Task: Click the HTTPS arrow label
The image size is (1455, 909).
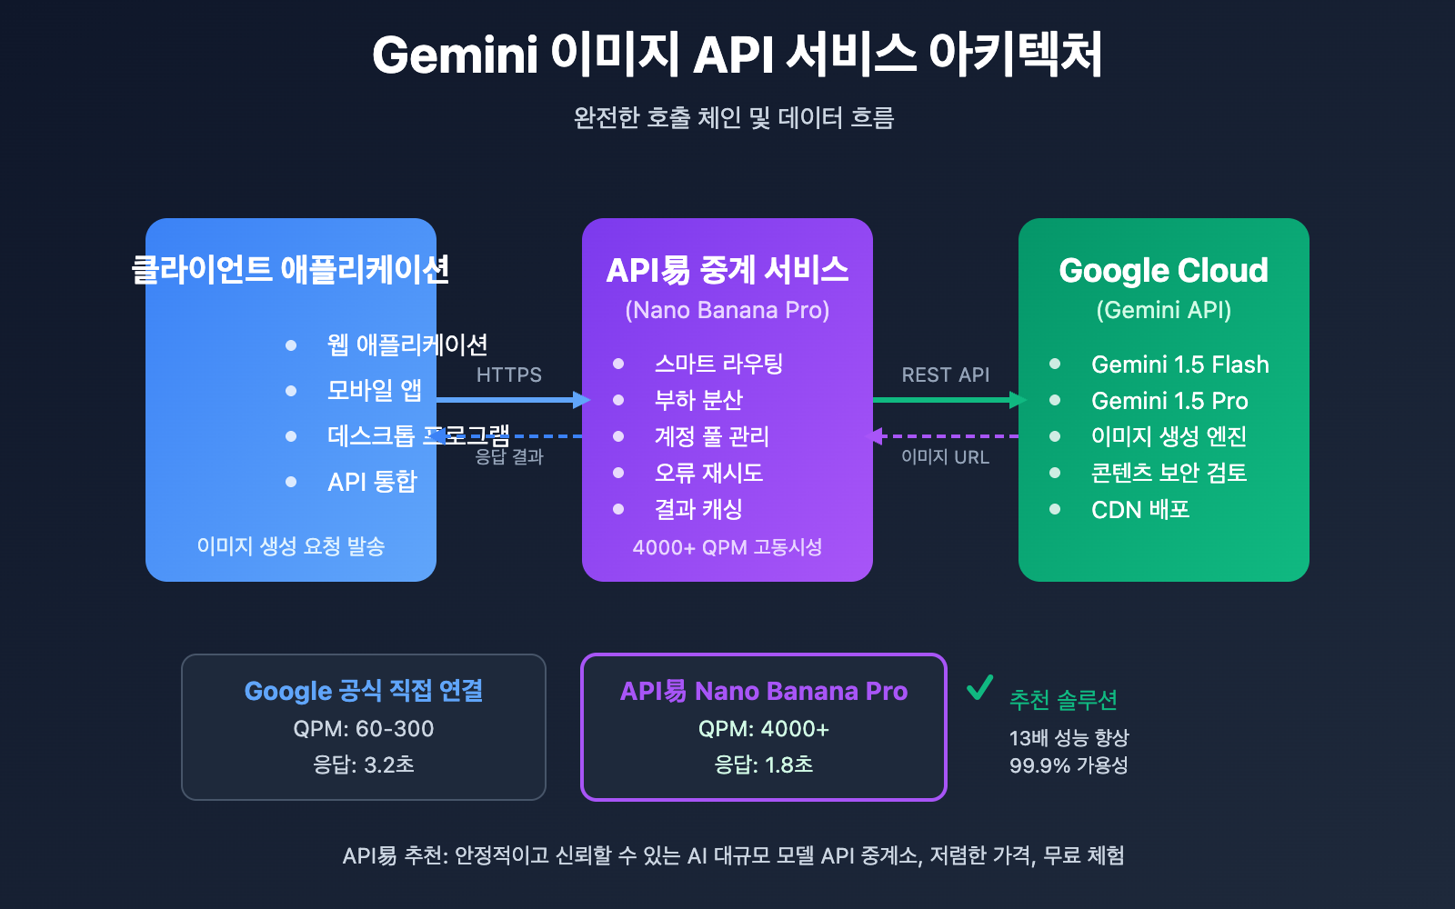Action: [508, 375]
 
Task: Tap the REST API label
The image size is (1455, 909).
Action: [945, 375]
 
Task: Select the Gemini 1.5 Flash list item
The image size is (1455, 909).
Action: [1179, 365]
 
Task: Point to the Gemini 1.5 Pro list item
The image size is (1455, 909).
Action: [1169, 401]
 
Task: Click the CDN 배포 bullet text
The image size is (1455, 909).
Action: [1140, 510]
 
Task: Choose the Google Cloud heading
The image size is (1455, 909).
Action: [1163, 270]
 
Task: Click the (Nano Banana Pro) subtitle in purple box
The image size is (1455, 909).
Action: [727, 310]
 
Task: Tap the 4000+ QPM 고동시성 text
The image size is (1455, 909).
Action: [727, 547]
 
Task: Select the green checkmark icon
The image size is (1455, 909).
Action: [979, 688]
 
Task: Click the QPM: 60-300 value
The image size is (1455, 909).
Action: [363, 729]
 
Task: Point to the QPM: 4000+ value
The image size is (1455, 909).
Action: [763, 729]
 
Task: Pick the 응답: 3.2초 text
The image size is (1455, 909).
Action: [363, 765]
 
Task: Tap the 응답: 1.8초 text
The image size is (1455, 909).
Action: [763, 765]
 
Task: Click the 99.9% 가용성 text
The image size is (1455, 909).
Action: [1069, 765]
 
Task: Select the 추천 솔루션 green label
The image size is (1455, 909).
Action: [1063, 700]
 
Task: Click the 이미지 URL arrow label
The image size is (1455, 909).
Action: [945, 457]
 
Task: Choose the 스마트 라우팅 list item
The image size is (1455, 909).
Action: [718, 365]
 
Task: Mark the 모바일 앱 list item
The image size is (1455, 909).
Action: [374, 391]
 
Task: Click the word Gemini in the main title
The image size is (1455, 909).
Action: [456, 55]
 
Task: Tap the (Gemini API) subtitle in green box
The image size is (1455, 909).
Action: [1163, 310]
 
